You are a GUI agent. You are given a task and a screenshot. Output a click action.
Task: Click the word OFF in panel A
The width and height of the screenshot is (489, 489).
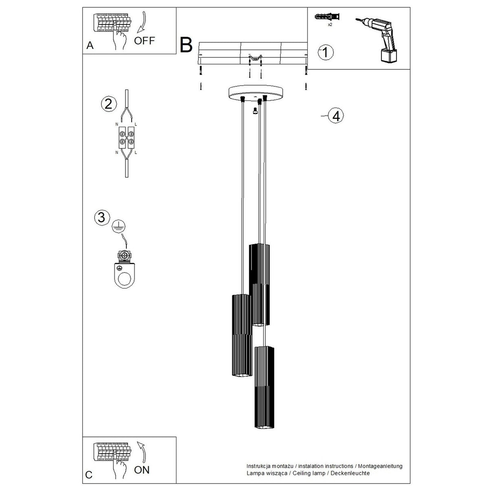point(144,41)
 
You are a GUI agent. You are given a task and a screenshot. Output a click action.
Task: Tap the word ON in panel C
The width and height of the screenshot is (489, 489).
point(142,470)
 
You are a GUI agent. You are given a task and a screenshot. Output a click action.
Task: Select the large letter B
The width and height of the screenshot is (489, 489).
point(186,45)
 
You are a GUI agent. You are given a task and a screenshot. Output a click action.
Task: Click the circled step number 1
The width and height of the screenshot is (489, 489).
point(326,53)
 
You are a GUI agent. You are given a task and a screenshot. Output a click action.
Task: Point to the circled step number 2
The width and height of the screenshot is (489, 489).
point(109,104)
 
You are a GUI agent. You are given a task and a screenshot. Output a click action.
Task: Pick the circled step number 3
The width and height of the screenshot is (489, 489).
point(102,218)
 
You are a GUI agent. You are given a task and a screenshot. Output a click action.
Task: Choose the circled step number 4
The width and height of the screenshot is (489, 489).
point(336,116)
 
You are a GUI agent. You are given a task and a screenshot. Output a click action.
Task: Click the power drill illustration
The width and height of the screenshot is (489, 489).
point(377,40)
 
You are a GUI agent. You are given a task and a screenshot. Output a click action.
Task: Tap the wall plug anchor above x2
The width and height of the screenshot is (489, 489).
point(327,17)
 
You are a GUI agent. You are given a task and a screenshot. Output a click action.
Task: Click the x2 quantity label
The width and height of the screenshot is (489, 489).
point(330,25)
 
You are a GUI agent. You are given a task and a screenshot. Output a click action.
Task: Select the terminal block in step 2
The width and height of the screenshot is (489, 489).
point(127,137)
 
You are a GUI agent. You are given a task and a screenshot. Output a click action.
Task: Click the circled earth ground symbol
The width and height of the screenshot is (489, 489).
point(119,226)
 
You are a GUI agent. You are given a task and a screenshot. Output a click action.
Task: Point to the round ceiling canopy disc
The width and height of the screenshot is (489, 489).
point(256,93)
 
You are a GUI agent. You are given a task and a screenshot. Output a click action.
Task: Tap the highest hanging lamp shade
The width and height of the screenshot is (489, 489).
point(259,285)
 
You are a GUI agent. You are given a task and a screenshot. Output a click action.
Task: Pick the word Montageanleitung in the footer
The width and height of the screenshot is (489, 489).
point(380,466)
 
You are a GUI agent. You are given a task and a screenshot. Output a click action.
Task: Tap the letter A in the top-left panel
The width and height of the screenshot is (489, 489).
point(90,45)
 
